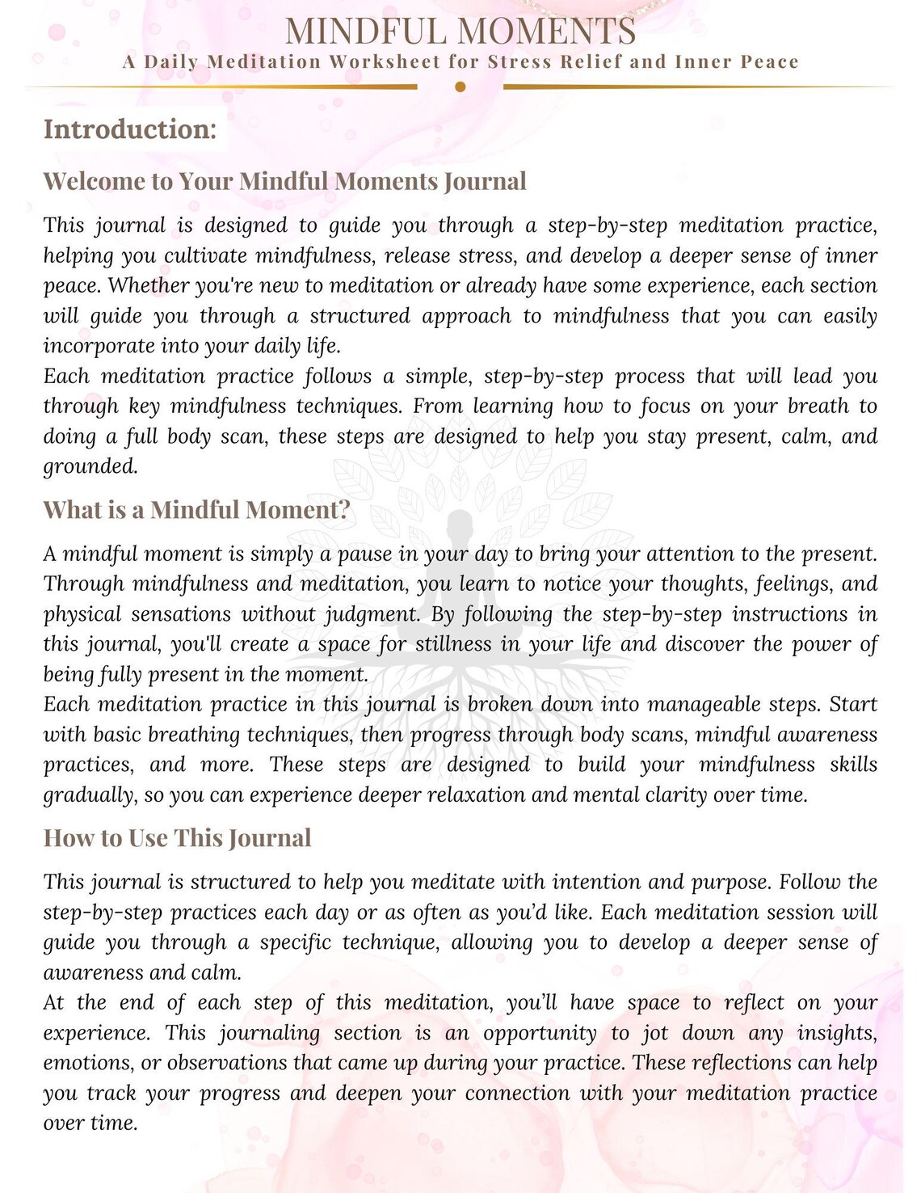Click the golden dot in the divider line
(x=460, y=86)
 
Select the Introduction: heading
(x=130, y=129)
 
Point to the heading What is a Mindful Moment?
(x=197, y=510)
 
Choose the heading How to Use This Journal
(x=177, y=838)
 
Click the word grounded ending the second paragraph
(x=90, y=466)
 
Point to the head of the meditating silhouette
(x=460, y=524)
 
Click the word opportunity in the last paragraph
(x=540, y=1033)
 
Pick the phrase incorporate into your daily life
(x=191, y=346)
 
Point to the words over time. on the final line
(x=90, y=1123)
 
